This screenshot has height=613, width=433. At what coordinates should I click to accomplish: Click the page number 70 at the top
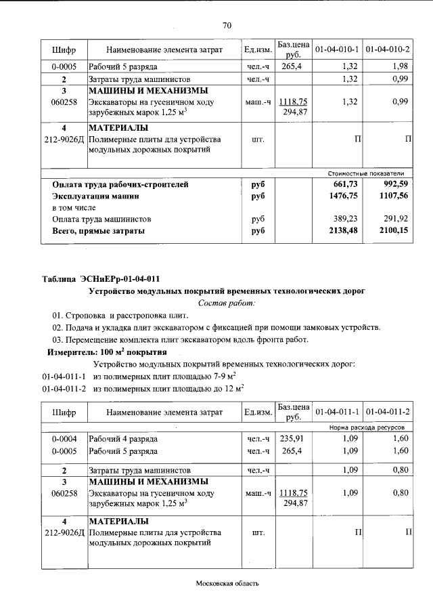pyautogui.click(x=227, y=26)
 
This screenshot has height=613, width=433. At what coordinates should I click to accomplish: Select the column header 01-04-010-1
pyautogui.click(x=336, y=50)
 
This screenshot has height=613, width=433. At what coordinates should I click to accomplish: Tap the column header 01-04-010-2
pyautogui.click(x=388, y=50)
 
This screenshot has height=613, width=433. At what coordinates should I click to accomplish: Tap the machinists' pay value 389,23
pyautogui.click(x=344, y=219)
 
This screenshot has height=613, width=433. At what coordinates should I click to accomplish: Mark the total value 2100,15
pyautogui.click(x=394, y=231)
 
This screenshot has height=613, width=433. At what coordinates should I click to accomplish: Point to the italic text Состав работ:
pyautogui.click(x=227, y=303)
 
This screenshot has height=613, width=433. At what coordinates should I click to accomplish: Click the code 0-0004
pyautogui.click(x=64, y=439)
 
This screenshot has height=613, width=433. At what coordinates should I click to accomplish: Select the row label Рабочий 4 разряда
pyautogui.click(x=123, y=439)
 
